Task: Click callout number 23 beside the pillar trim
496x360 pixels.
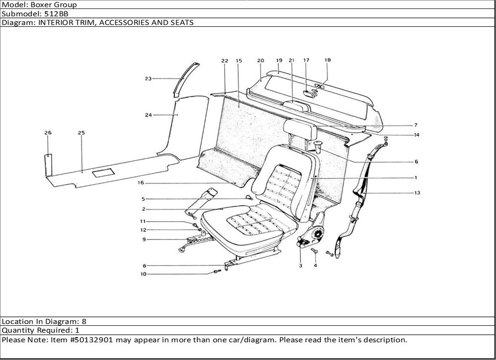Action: pos(148,78)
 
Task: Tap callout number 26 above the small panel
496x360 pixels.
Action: pos(48,133)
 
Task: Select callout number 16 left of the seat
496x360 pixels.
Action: pos(141,183)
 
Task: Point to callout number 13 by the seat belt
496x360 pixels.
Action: pos(417,193)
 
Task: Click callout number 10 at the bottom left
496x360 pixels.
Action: pos(143,274)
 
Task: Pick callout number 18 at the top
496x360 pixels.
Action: pos(327,60)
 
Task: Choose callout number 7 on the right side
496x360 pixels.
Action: pos(416,125)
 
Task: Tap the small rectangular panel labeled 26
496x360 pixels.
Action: pos(48,164)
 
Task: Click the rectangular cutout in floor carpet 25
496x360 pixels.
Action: pos(103,172)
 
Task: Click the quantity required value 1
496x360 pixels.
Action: pos(77,330)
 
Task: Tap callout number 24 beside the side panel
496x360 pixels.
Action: pos(148,115)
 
